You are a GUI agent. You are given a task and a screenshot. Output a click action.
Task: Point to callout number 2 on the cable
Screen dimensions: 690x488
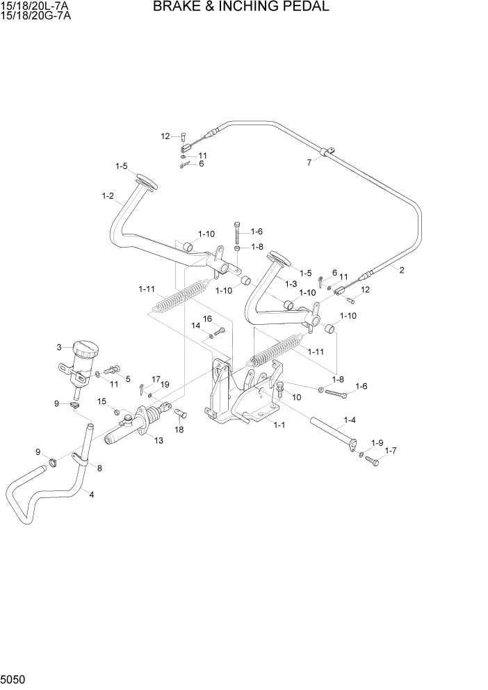[401, 271]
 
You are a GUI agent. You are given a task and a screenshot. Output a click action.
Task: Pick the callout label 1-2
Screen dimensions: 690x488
[107, 196]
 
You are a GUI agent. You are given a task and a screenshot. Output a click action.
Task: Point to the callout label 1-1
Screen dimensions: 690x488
[279, 424]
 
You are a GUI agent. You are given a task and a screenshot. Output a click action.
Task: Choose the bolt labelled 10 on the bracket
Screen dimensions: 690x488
[281, 390]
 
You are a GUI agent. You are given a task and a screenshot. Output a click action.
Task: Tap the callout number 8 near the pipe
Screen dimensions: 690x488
[99, 468]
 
